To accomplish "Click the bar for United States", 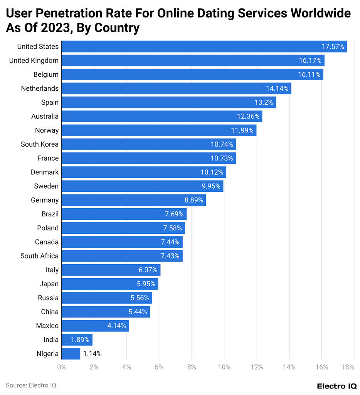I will [204, 47].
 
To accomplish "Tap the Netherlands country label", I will [40, 88].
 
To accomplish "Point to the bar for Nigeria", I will [71, 354].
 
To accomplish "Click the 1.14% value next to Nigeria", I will [93, 354].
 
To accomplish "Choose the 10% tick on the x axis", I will [224, 367].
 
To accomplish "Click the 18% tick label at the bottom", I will [348, 367].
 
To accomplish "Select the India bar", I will [77, 340].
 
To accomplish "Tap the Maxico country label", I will [47, 326].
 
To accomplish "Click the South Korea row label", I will [40, 144].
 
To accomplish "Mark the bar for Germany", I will [133, 200].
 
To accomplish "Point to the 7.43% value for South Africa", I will [170, 256].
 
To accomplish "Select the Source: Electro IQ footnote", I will [28, 385].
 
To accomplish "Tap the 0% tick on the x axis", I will [62, 367].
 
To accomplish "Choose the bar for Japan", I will [110, 284].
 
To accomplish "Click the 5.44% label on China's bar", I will [138, 312].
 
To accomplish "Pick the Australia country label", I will [45, 116].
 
